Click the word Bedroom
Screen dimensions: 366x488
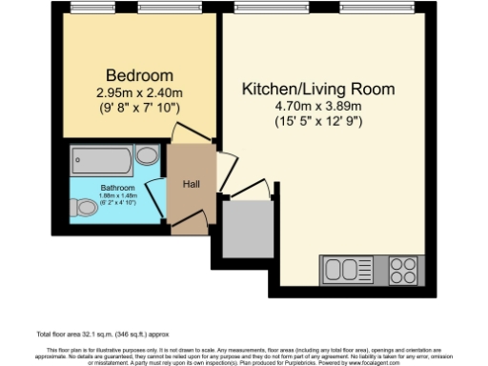click(x=139, y=75)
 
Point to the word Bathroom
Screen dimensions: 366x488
click(x=117, y=188)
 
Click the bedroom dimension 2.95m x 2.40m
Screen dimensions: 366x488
click(x=139, y=92)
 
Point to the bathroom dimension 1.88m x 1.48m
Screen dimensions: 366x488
click(x=117, y=196)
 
